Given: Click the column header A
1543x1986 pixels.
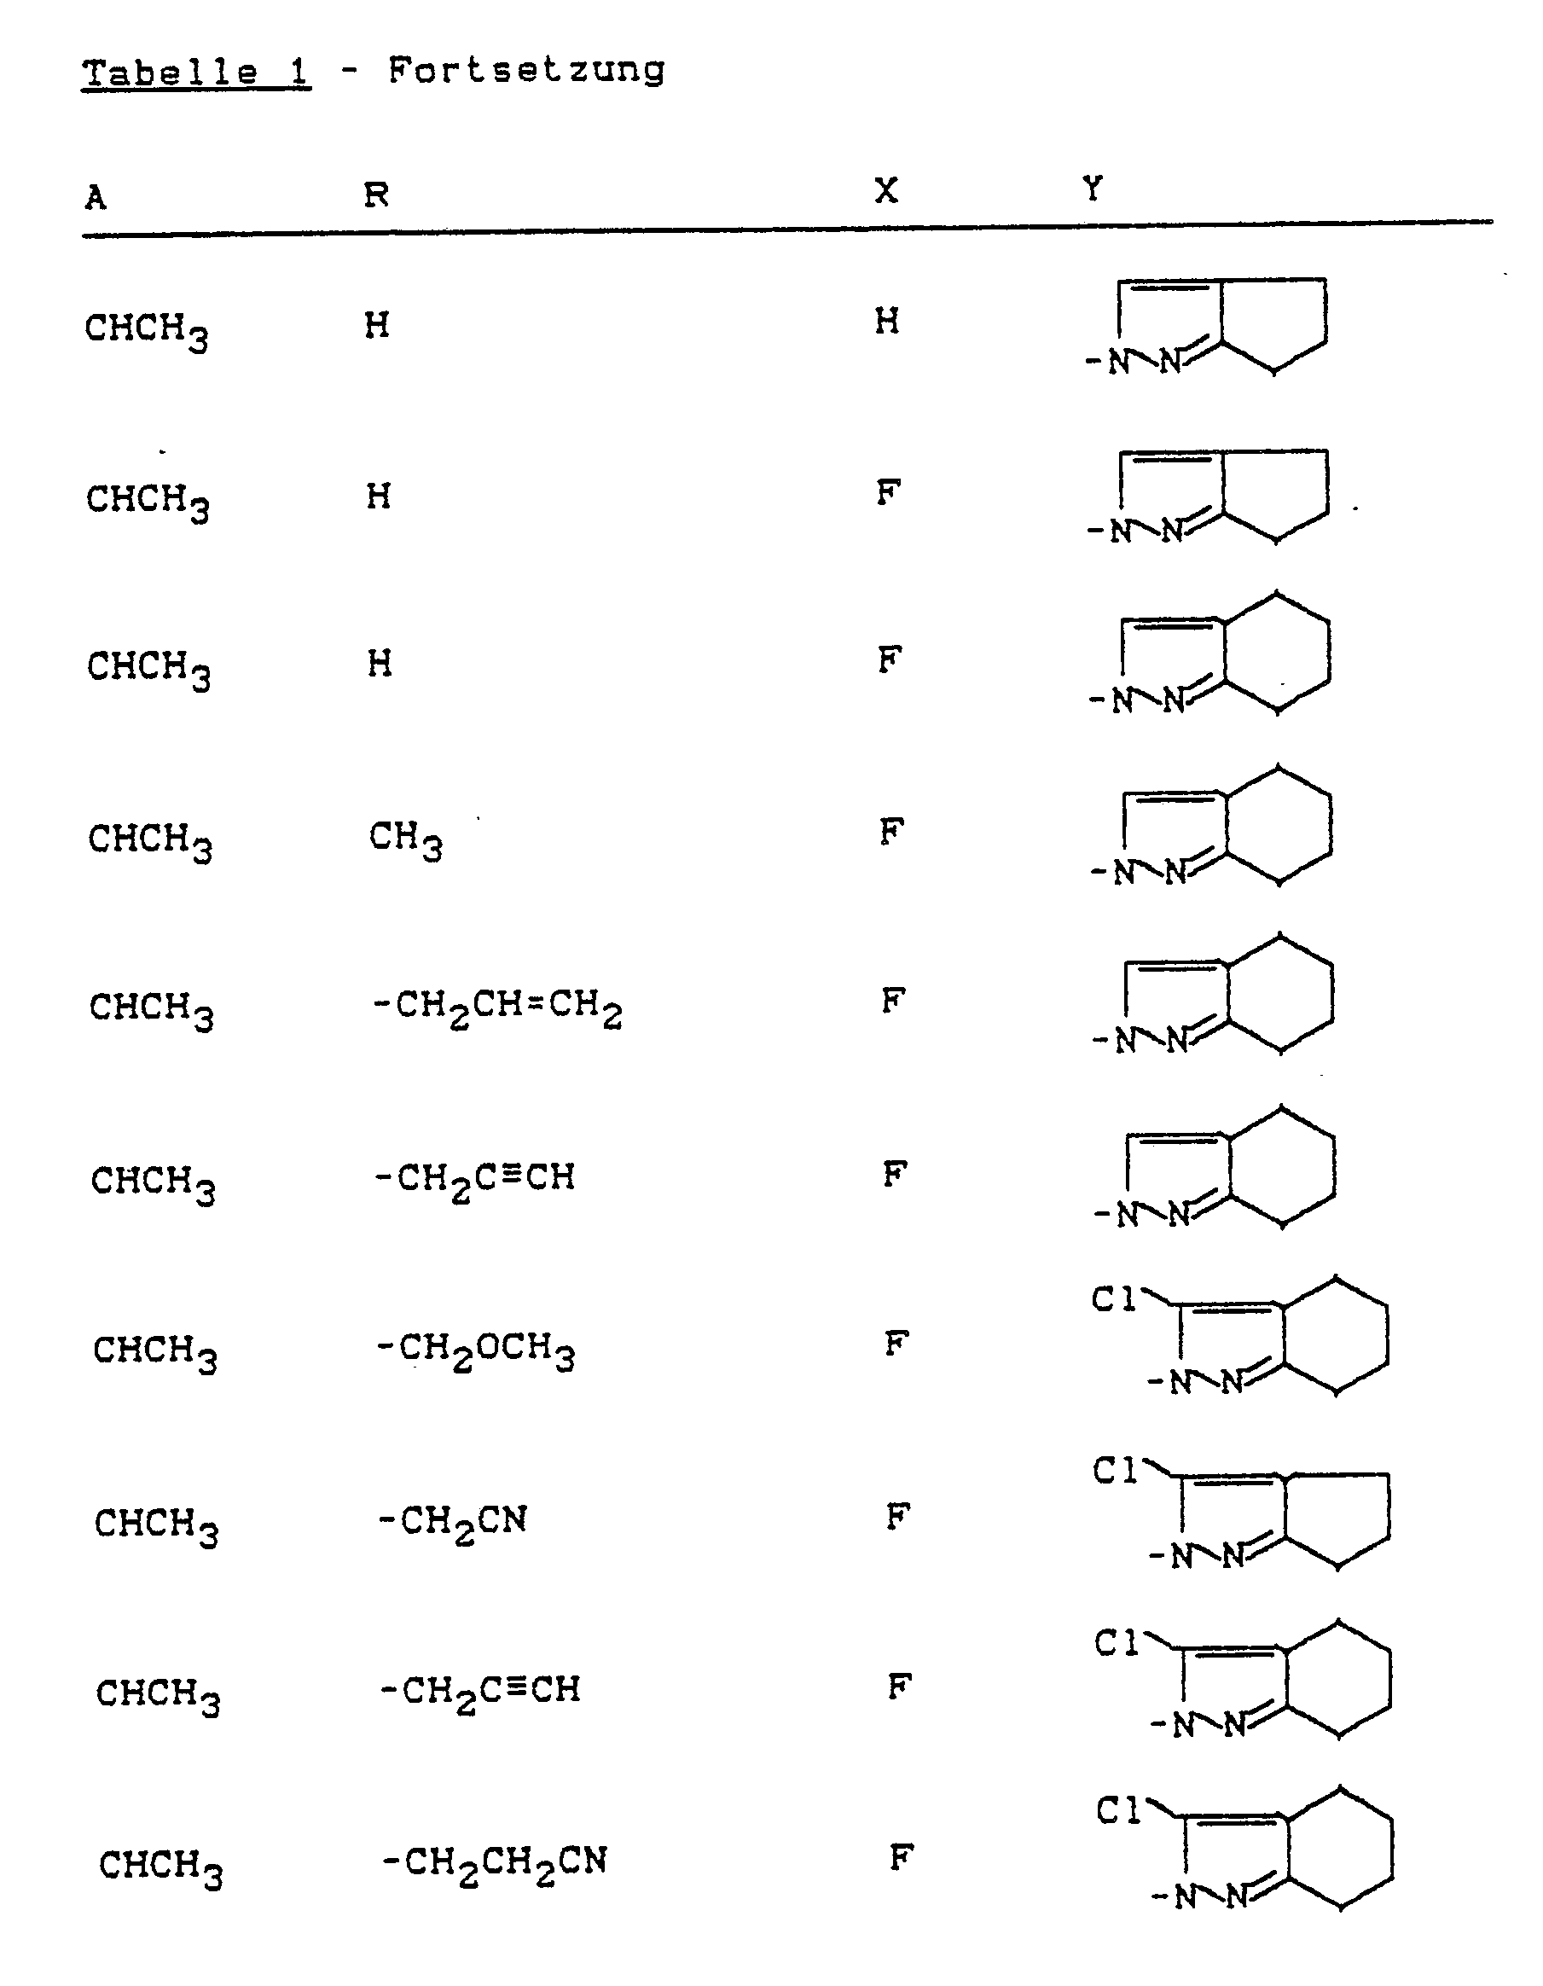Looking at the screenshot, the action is coord(96,196).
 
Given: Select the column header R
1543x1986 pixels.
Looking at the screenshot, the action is coord(376,194).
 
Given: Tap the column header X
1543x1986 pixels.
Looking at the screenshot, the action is coord(886,190).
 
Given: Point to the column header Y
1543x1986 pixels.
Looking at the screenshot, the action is coord(1093,189).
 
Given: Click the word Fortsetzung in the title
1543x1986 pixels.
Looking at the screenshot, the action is coord(526,70).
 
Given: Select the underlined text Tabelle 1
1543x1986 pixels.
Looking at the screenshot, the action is coord(196,72).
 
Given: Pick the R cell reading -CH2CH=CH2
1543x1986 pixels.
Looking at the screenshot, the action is coord(497,1008).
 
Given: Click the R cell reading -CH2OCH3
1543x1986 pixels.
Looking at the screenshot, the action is coord(476,1350).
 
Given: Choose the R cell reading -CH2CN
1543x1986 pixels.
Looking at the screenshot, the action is coord(453,1522).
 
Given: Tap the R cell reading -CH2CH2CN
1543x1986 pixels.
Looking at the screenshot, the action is coord(494,1862).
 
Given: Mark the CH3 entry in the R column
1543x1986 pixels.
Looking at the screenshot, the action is coord(405,839).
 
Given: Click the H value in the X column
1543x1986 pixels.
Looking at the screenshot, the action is coord(887,321).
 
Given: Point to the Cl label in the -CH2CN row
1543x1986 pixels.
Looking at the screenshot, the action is coord(1115,1472).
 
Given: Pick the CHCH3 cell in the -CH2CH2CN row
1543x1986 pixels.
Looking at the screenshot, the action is coord(161,1866).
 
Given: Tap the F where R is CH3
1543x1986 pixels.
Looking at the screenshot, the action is coord(891,831).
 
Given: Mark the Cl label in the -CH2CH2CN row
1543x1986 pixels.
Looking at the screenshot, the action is coord(1118,1811).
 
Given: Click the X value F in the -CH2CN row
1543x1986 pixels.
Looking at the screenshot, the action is coord(897,1515).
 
